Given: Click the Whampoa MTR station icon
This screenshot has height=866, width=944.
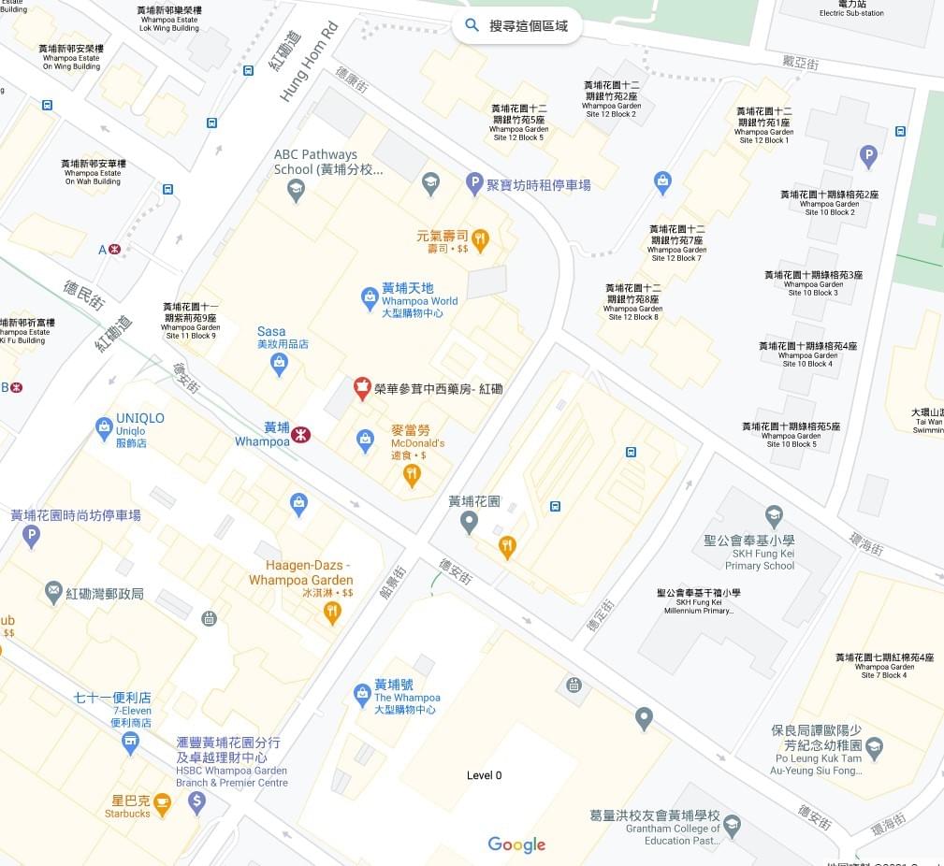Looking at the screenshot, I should (300, 435).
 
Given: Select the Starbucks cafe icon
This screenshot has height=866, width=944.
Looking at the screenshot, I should (163, 802).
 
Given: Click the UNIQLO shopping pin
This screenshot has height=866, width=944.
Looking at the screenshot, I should (104, 428).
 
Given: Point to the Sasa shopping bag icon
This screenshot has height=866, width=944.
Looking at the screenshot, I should (278, 365).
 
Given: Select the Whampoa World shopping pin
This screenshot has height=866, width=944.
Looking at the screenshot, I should (370, 299).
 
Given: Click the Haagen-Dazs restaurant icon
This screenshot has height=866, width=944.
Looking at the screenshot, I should (332, 613).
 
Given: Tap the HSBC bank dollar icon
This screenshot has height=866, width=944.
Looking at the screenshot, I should (196, 801).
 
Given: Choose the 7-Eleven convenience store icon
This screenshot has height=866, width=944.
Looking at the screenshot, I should (130, 743).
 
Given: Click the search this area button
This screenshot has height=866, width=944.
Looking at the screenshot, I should (516, 25).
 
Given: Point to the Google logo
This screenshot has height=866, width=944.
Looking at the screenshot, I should (516, 844).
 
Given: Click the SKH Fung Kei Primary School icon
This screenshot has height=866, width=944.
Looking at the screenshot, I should (774, 515).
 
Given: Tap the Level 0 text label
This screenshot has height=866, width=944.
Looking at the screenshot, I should (484, 775).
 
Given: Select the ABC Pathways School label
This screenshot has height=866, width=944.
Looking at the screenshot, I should (315, 162).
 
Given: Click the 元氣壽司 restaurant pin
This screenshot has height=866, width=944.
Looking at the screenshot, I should (480, 240).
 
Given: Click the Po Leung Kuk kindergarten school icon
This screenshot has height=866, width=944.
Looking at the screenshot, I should (874, 746).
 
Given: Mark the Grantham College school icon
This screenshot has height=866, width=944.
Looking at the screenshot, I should (733, 825).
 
